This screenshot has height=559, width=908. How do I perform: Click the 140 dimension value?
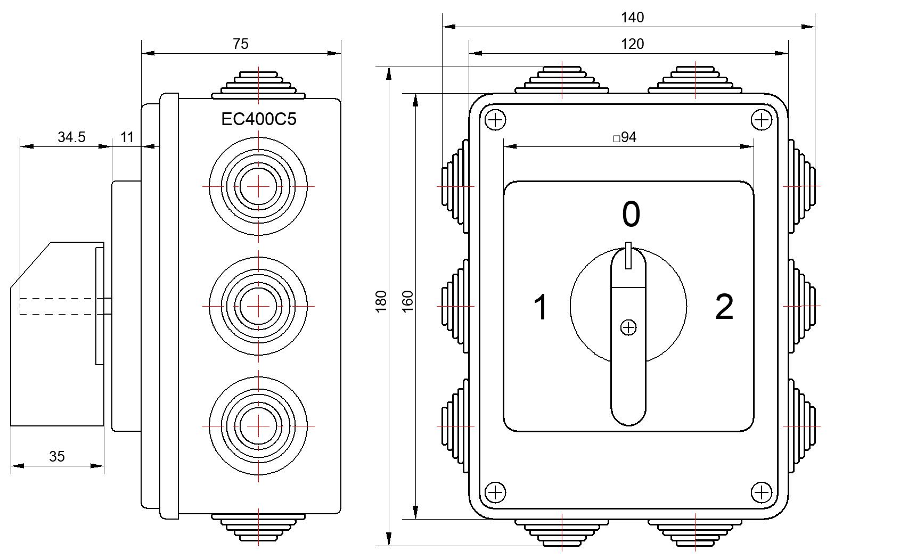pos(632,18)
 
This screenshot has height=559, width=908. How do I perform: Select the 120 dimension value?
pos(632,44)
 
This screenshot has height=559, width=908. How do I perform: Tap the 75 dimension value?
pos(240,44)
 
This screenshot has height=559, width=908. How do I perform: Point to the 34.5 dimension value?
pos(71,137)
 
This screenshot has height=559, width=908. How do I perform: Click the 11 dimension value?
pos(127,137)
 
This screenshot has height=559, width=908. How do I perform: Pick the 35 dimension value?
pos(57,456)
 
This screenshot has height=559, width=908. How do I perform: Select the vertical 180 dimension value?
pos(381,301)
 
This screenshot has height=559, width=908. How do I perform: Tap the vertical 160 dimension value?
pos(407,301)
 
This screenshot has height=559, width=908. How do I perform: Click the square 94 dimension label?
pos(625,137)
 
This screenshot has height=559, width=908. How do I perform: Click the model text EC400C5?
pos(259,119)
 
